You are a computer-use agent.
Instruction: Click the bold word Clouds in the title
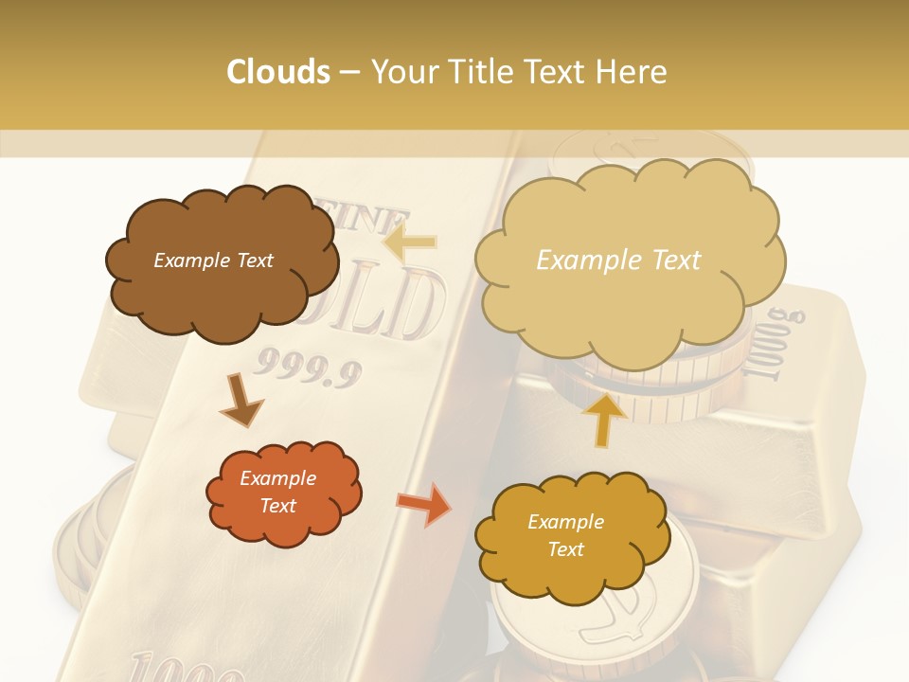coord(278,72)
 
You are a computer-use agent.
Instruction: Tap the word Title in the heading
coord(473,72)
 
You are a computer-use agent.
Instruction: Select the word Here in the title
coord(633,72)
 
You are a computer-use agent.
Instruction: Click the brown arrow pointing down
coord(241,400)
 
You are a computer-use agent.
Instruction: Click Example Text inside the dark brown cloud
coord(213,260)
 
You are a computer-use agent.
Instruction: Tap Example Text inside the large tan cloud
coord(618,260)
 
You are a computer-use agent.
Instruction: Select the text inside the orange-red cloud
coord(278,493)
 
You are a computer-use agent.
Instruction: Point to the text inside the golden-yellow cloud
coord(565,535)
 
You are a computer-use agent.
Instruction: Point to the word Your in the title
coord(399,72)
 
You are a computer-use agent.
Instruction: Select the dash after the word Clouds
coord(349,72)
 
